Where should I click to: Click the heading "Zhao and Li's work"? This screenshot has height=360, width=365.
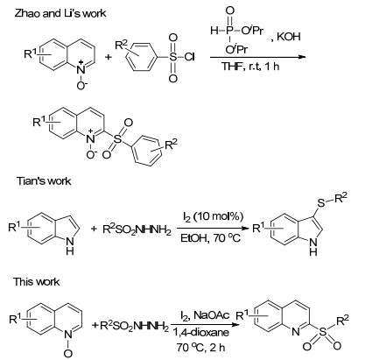pos(60,13)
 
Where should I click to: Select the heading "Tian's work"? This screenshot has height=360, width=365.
pos(44,181)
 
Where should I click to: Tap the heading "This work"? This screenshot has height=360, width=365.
pos(36,282)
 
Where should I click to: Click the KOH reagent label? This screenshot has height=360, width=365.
pos(288,37)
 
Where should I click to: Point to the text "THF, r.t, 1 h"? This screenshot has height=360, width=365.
pos(250,67)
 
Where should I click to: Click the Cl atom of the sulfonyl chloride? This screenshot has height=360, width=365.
pos(189,57)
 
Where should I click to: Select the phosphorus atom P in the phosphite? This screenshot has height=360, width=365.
pos(229,30)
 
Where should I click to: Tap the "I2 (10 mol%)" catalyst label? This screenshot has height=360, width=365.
pos(213,216)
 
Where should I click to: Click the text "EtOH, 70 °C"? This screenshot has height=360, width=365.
pos(210,238)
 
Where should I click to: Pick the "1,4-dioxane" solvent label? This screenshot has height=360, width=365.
pos(200,332)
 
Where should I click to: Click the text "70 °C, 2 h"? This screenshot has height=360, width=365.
pos(200,348)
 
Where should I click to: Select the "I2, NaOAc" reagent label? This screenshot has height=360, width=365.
pos(205,315)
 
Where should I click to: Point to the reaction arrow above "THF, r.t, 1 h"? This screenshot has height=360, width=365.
pos(257,57)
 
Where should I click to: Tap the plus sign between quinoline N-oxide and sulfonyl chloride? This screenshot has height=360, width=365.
pos(109,57)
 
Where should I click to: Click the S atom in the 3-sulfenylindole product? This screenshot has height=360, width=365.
pos(321,203)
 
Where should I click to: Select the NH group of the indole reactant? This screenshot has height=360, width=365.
pos(70,245)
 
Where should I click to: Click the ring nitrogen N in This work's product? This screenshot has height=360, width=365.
pos(295,332)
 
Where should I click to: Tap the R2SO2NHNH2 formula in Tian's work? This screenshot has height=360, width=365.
pos(137,229)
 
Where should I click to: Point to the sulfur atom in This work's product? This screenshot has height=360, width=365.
pos(322,332)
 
